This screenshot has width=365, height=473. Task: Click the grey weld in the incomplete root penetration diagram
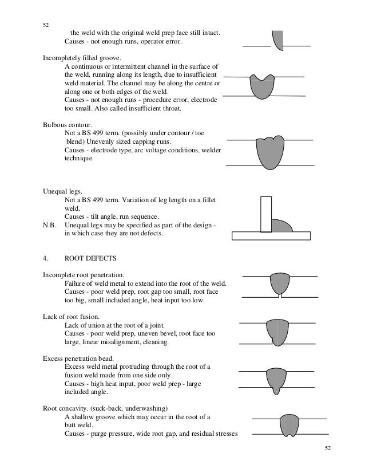pos(279,283)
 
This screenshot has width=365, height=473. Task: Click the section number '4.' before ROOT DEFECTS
pos(46,257)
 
